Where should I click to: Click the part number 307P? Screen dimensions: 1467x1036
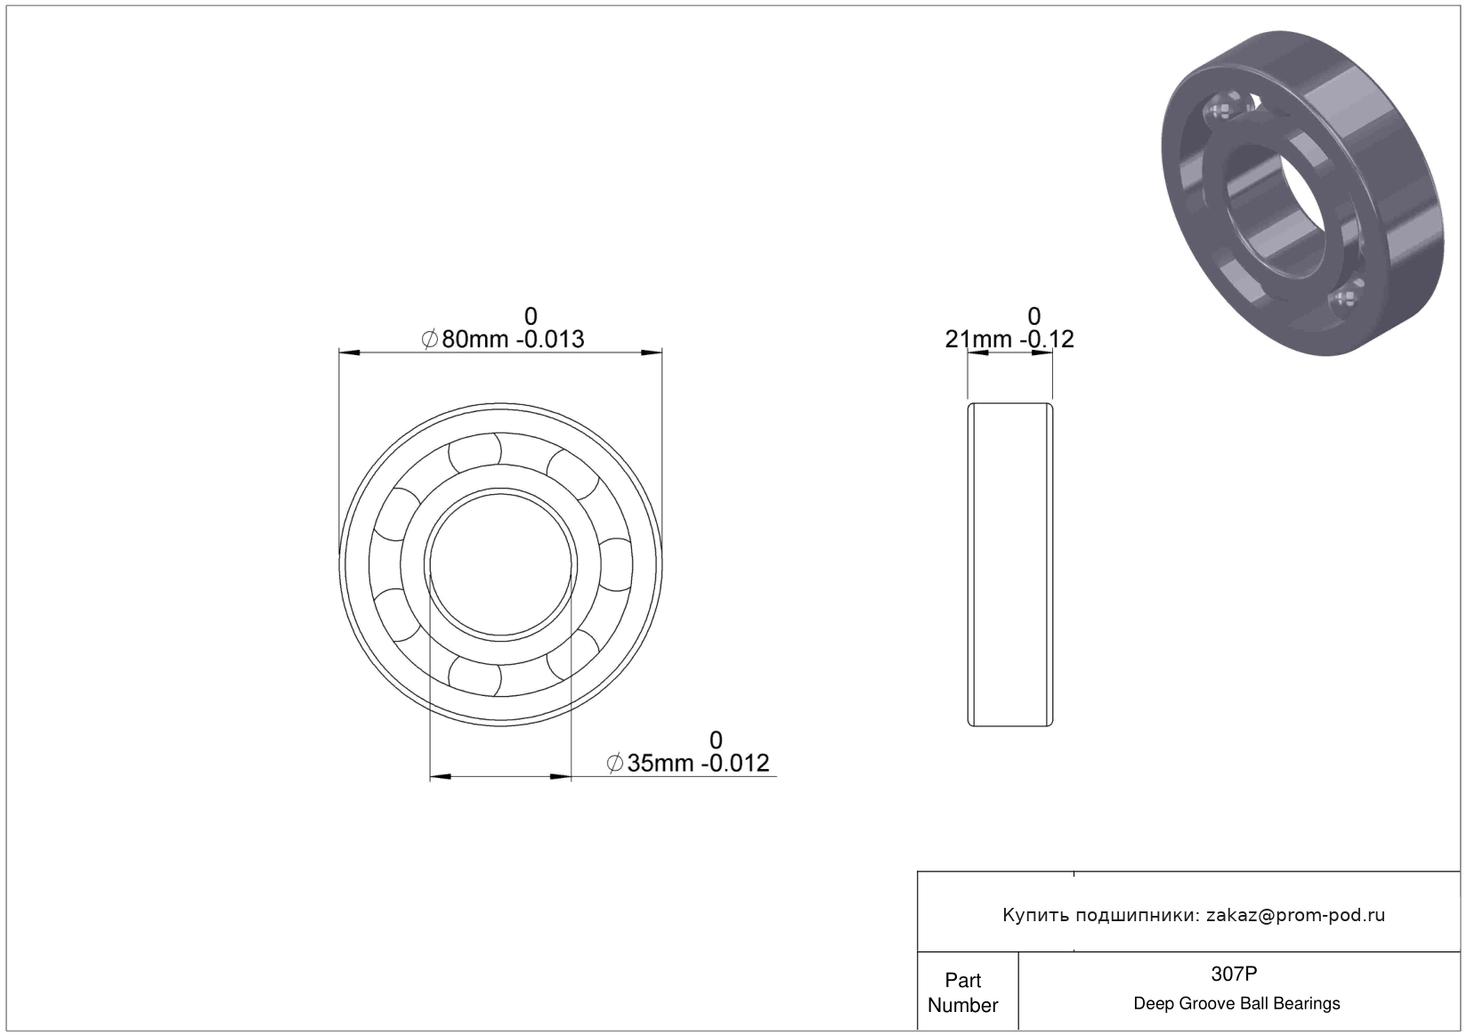[1234, 974]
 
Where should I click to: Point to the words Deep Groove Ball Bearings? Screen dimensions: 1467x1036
[1236, 1003]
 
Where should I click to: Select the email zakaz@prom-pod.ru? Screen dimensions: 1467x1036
[1295, 915]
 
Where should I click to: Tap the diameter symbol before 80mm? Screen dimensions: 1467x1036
[430, 339]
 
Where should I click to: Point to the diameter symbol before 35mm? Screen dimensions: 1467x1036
[615, 763]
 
